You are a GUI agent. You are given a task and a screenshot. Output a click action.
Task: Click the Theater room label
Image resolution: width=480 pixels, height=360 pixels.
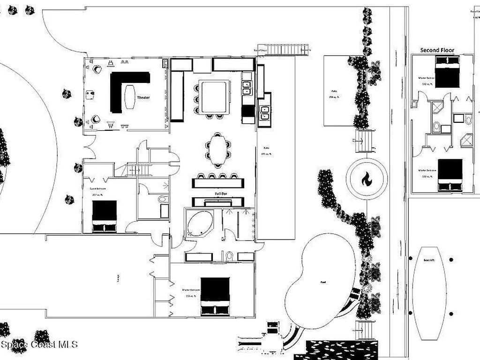click(x=143, y=97)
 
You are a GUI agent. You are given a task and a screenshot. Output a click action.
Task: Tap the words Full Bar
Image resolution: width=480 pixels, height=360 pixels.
click(x=222, y=193)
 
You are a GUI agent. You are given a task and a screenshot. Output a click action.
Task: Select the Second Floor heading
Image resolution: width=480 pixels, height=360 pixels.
click(x=437, y=50)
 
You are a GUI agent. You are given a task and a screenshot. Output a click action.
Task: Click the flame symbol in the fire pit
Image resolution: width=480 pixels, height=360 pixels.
click(x=367, y=179)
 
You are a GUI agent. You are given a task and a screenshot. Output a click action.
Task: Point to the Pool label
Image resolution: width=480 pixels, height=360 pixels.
click(x=323, y=282)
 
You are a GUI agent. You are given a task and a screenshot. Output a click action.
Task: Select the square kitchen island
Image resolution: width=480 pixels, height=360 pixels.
click(x=214, y=97)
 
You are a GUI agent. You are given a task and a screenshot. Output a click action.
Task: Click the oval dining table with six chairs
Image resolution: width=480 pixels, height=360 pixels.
click(x=217, y=150)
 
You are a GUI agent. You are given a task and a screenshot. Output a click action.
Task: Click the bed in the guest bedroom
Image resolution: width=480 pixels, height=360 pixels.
click(x=104, y=216)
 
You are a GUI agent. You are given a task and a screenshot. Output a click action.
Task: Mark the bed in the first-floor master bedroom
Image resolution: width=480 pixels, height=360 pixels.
click(x=215, y=296)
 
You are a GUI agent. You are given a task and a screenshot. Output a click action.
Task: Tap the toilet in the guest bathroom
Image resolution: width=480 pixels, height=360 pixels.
click(x=162, y=200)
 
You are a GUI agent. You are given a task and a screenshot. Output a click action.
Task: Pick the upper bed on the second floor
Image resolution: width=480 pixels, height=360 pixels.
click(x=447, y=72)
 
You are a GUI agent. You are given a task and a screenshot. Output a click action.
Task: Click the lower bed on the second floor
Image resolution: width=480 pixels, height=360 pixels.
click(x=450, y=175)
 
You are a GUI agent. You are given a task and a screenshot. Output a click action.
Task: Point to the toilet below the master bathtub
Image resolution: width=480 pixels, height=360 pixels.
click(x=229, y=256)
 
